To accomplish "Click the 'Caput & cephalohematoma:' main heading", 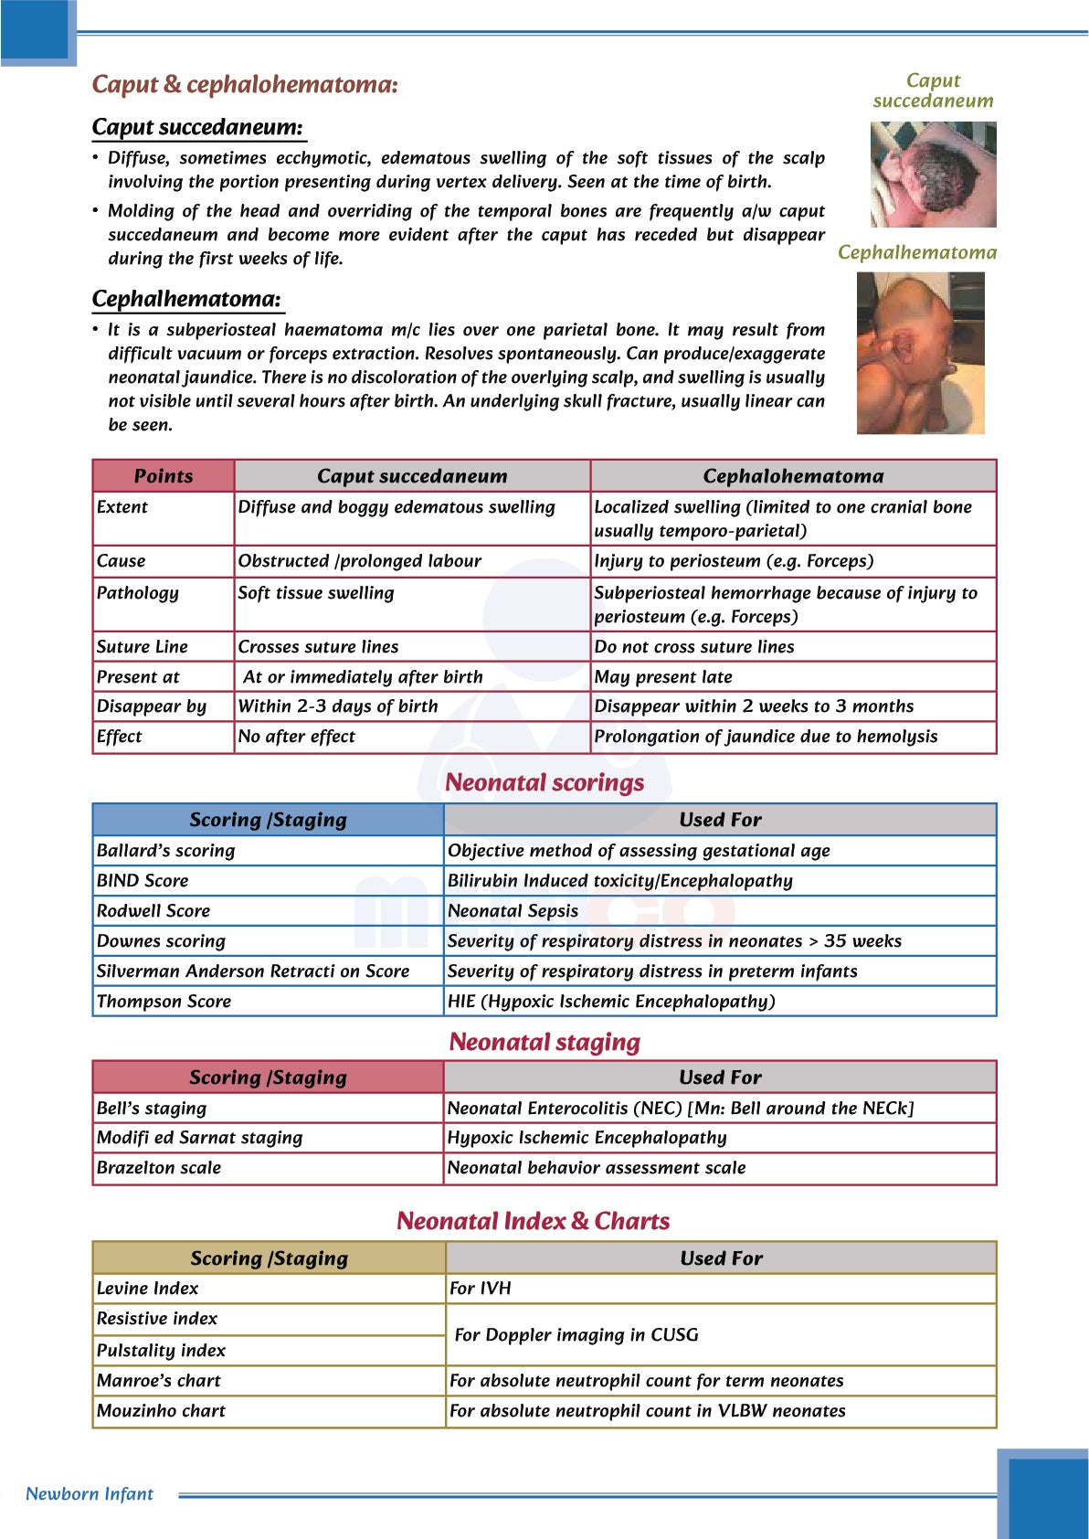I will (245, 84).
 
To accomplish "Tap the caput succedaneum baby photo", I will (933, 175).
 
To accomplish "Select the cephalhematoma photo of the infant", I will (920, 353).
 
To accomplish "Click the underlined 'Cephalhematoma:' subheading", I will (186, 299).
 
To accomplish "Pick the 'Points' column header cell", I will (164, 476).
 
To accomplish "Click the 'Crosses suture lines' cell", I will (318, 647).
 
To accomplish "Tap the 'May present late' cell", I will (663, 677).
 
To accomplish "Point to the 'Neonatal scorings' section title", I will (544, 782).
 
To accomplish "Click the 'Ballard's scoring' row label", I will (166, 851).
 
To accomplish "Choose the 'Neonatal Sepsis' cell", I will (513, 911).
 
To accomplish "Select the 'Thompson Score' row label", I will (164, 1002).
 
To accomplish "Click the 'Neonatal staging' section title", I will (544, 1042).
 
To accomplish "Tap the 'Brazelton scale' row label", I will (159, 1168).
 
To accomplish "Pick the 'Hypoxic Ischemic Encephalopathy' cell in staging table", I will (587, 1138).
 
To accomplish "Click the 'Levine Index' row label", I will (148, 1289).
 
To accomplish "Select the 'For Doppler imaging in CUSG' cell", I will (576, 1335).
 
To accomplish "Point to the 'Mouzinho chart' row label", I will (161, 1411).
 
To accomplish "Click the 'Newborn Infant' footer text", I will (90, 1494).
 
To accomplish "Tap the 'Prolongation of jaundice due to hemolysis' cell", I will (766, 737).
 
